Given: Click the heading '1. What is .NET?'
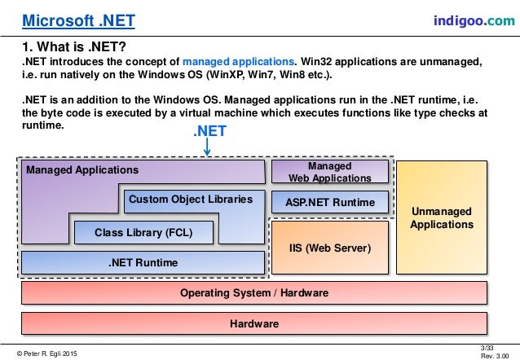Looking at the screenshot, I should pos(73,46).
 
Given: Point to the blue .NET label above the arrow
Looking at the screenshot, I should pos(209,130).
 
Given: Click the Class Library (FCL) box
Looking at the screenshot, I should pos(143,232).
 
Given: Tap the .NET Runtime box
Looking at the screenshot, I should pos(143,262).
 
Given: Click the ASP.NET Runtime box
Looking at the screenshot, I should pos(330,202).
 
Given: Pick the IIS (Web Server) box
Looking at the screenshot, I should pos(330,247).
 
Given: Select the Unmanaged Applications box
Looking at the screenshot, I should pos(440,217).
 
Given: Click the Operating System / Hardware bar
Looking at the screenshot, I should pos(253,292).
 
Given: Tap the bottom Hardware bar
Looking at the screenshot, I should pos(253,323).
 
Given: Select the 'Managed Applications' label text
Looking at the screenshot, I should pos(82,171).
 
